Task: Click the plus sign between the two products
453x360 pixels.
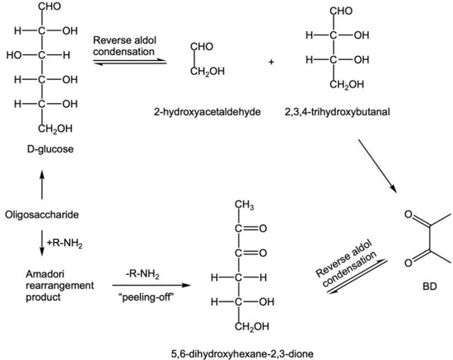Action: [x=270, y=63]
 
